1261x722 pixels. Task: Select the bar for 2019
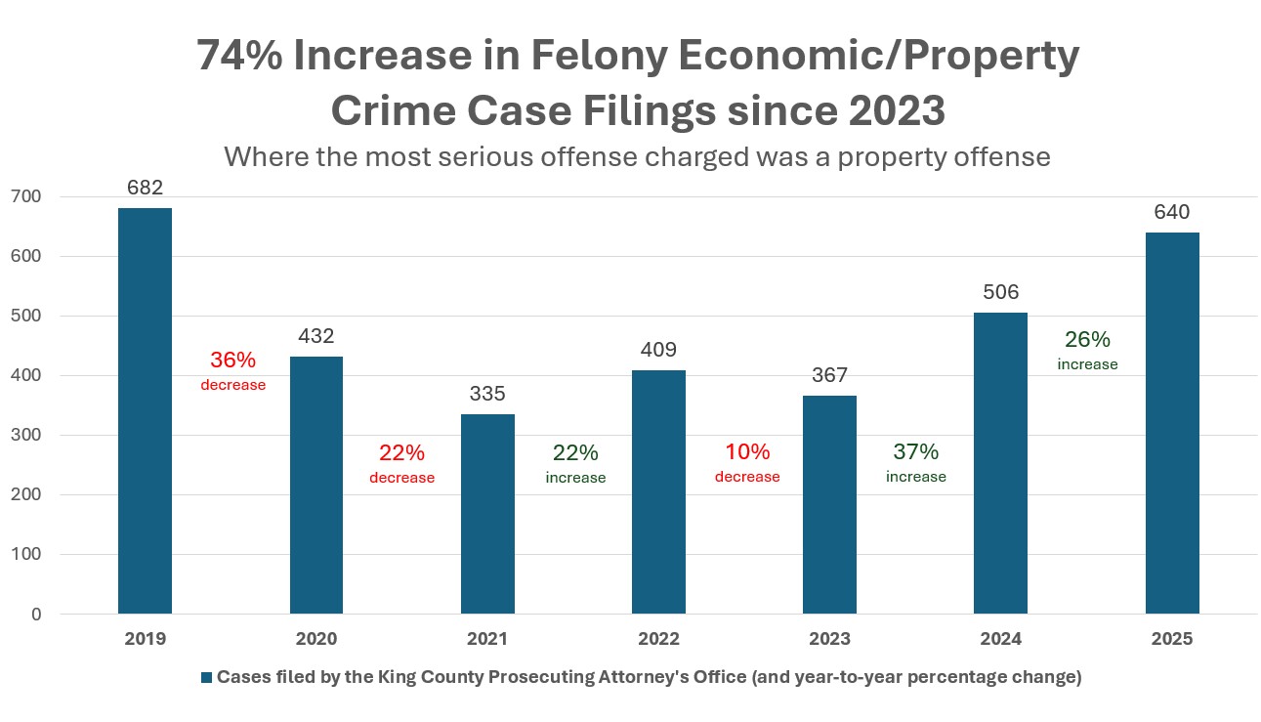pyautogui.click(x=145, y=410)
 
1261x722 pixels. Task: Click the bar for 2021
pyautogui.click(x=487, y=514)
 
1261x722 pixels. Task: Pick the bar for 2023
pyautogui.click(x=829, y=504)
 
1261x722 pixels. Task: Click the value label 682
pyautogui.click(x=145, y=188)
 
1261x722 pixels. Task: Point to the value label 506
pyautogui.click(x=1001, y=292)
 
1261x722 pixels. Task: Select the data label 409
pyautogui.click(x=658, y=350)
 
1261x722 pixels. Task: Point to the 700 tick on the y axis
pyautogui.click(x=26, y=196)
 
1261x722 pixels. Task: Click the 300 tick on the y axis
pyautogui.click(x=26, y=435)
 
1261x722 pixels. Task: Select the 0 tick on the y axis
pyautogui.click(x=36, y=614)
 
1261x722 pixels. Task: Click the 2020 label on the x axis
pyautogui.click(x=316, y=639)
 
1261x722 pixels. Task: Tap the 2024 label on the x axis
pyautogui.click(x=1001, y=639)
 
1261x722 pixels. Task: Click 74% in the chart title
pyautogui.click(x=237, y=57)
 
